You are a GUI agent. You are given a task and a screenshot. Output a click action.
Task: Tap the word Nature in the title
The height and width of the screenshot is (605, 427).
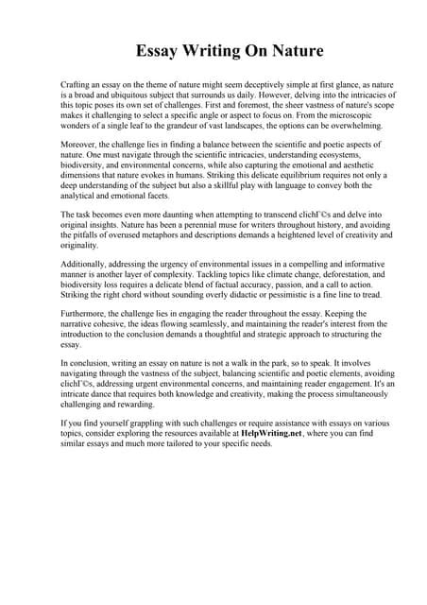[x=296, y=50]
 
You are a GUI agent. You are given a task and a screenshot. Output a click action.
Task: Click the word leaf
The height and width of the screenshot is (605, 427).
[x=144, y=125]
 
